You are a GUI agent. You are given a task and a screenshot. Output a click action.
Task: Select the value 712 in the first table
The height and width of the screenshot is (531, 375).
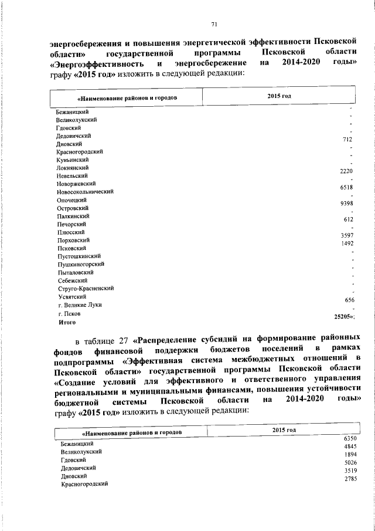pos(346,140)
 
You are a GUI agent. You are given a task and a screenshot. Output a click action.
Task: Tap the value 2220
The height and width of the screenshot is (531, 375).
pos(346,171)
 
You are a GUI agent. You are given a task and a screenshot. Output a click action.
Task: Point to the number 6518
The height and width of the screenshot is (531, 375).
pos(346,187)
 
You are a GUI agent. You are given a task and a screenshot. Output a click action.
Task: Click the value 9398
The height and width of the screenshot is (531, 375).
pos(346,204)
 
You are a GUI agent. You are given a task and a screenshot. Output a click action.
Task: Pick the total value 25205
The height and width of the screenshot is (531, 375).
pos(342,316)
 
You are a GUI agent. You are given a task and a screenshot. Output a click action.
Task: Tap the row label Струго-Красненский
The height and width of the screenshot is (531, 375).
pos(85,289)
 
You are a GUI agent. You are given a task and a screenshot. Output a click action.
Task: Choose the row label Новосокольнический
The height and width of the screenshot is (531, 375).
pos(84,192)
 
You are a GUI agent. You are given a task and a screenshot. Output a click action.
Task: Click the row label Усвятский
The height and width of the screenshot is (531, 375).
pos(71,297)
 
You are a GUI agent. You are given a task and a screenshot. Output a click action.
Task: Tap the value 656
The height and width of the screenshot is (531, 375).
pos(350,300)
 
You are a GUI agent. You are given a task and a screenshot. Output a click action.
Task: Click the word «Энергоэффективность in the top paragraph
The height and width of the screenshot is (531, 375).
pos(97,63)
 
